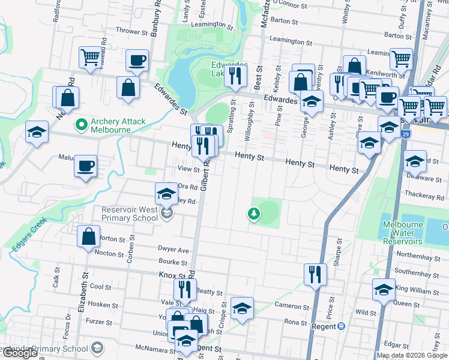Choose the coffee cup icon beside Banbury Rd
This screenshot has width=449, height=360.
coord(137,61)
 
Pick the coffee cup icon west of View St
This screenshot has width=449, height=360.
coord(85,166)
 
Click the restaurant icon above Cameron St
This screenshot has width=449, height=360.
coord(315,274)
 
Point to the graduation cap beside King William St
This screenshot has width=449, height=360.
coord(384,289)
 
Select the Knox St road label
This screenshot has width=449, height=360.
coord(173,274)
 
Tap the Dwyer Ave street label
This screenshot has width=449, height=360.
coord(173,250)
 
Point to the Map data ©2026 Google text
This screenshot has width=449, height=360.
coord(412,355)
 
